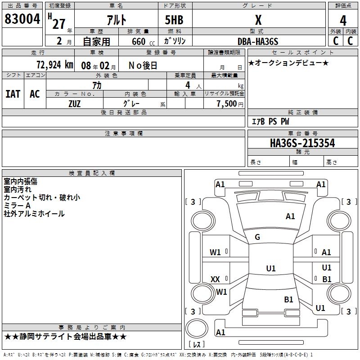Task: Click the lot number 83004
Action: tap(22, 19)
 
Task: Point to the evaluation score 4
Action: tap(343, 20)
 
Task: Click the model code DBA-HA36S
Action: tap(258, 41)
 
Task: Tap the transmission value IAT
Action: tap(13, 94)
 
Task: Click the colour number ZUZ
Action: tap(74, 103)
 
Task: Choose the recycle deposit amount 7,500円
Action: tap(229, 103)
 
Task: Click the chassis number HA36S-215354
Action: tap(302, 143)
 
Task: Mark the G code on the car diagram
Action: tap(257, 237)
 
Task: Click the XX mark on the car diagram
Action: tap(215, 279)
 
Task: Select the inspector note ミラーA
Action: tap(18, 206)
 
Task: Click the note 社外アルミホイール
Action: tap(34, 214)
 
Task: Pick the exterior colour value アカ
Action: tap(97, 85)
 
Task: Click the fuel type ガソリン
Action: tap(175, 41)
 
